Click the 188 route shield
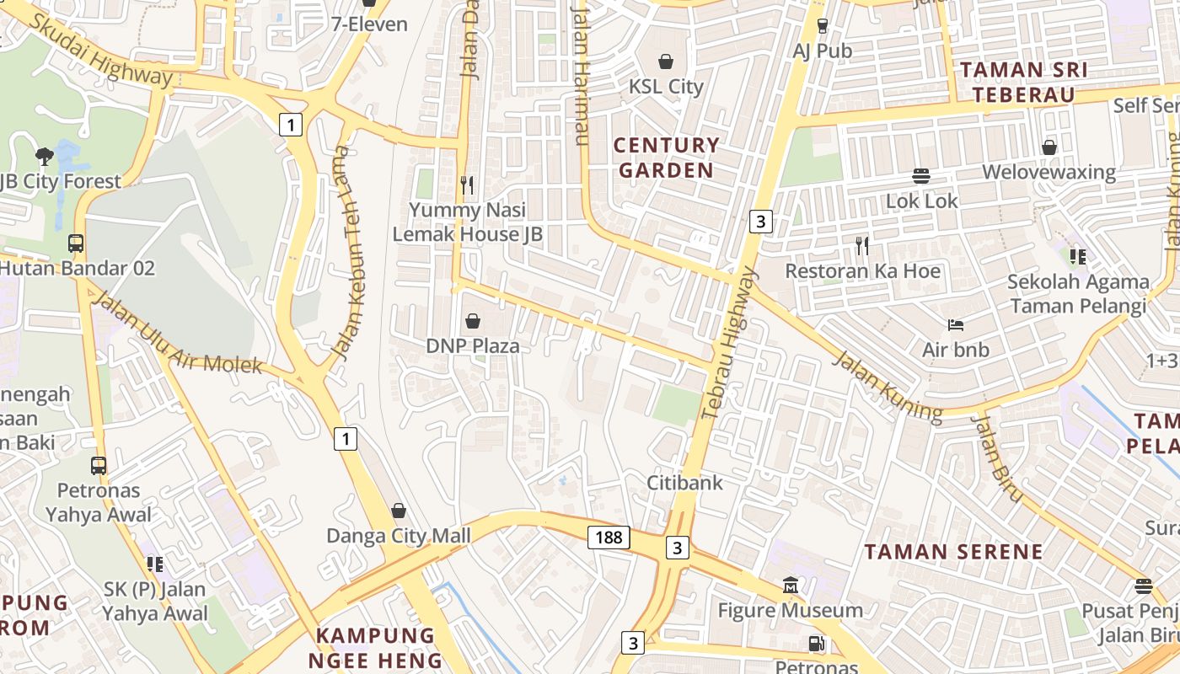coord(609,537)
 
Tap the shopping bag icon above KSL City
coord(666,62)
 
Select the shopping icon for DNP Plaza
coord(473,321)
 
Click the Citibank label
coord(684,483)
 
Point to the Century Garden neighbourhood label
coord(666,158)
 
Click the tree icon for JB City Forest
coord(45,156)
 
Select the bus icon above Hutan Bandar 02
coord(76,243)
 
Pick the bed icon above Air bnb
coord(955,324)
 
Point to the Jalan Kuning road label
coord(887,386)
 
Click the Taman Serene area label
coord(954,553)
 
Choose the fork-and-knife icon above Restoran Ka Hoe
coord(861,246)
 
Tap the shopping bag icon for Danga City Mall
coord(399,511)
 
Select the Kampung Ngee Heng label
coord(375,647)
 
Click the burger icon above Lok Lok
coord(921,176)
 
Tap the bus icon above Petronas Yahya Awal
coord(99,465)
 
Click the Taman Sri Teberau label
coord(1024,82)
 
